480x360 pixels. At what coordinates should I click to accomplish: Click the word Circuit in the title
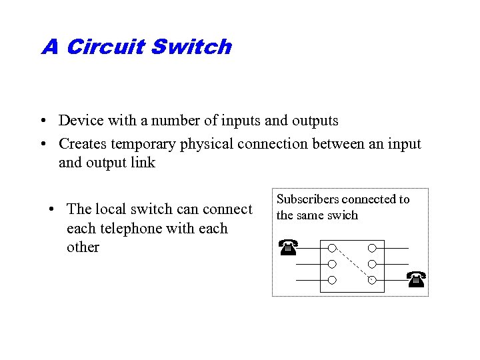106,47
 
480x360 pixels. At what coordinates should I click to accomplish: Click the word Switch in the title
191,47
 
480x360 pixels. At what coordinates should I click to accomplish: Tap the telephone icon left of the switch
287,247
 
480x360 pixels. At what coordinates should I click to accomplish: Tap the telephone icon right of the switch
416,279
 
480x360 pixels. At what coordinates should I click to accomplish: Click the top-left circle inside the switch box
331,248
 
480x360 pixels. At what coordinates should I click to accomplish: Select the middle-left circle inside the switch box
331,264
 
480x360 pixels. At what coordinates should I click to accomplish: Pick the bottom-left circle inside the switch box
331,280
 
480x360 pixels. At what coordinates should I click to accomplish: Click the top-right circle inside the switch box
372,248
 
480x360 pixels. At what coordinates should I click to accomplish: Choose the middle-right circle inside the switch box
372,264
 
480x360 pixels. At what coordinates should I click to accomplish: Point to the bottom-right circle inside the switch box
372,280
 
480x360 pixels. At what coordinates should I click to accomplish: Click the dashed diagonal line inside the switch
352,264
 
